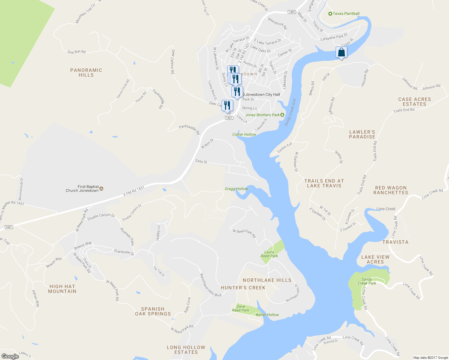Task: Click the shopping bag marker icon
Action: (341, 52)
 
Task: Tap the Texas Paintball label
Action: (346, 13)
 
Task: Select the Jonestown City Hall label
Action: (262, 94)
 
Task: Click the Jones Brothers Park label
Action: (262, 115)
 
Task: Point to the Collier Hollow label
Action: (244, 134)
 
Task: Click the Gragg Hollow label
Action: (236, 189)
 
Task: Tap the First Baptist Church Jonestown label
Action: (82, 188)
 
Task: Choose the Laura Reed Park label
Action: (269, 254)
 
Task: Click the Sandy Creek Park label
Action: (367, 281)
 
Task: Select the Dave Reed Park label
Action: (240, 308)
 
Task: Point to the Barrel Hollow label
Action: (267, 315)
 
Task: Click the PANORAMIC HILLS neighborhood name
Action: (86, 73)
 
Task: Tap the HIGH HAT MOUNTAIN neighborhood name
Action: (62, 289)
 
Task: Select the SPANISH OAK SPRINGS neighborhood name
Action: (153, 311)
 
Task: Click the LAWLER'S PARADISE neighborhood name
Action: (362, 134)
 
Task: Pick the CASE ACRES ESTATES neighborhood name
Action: (414, 102)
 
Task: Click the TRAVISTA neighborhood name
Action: (395, 242)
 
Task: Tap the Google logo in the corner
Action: (10, 356)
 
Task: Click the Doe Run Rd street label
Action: (77, 52)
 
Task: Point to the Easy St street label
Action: (201, 161)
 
